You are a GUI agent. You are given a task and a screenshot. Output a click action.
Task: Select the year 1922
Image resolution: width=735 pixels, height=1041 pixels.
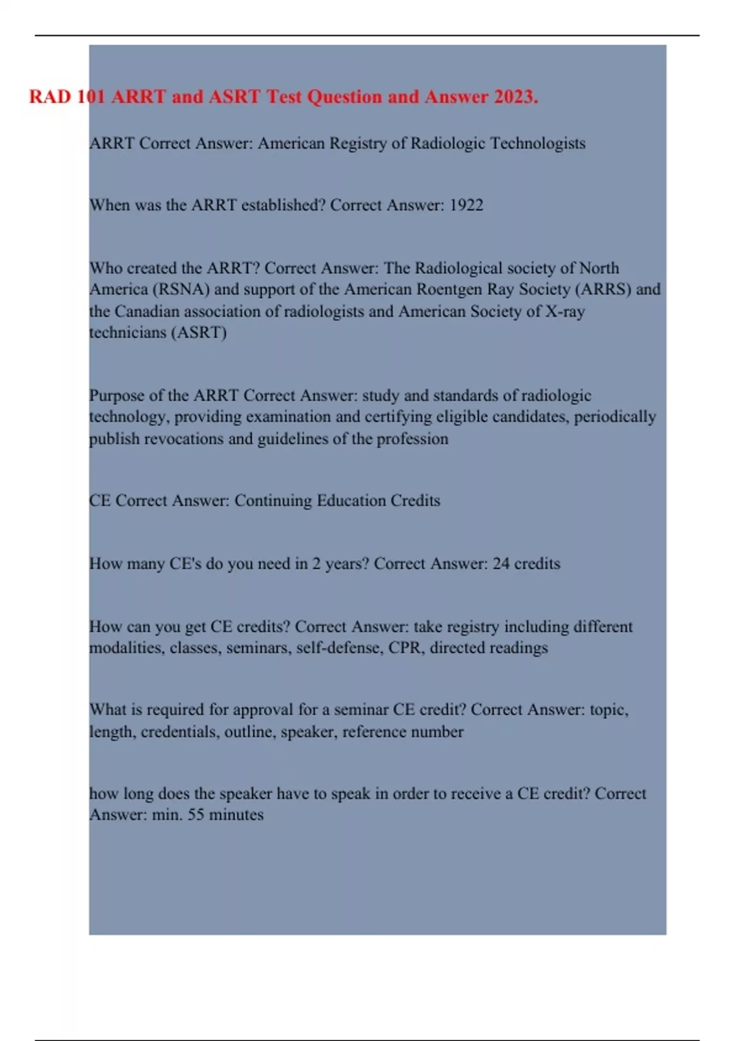pos(466,205)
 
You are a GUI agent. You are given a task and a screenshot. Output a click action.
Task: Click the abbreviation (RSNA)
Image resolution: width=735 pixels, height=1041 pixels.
pos(181,289)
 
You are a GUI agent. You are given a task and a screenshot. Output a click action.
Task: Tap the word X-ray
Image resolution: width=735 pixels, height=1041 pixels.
pos(565,311)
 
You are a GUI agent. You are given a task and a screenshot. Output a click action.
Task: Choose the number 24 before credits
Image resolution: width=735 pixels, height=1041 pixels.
pos(501,563)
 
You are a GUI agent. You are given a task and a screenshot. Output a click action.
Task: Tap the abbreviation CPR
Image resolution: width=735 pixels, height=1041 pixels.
pos(404,648)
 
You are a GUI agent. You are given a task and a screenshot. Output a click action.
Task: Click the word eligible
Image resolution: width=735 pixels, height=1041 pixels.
pos(464,417)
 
